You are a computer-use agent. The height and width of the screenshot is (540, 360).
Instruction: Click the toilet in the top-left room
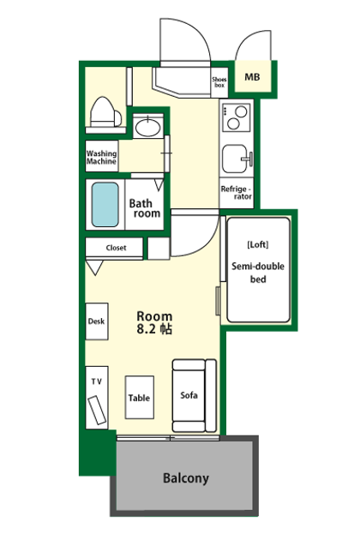point(105,112)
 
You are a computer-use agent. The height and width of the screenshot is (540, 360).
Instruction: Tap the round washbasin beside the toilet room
point(148,127)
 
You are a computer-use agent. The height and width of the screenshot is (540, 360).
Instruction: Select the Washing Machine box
point(102,156)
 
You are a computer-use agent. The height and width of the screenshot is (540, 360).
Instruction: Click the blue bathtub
point(105,205)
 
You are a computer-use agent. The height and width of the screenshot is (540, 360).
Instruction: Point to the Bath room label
point(145,208)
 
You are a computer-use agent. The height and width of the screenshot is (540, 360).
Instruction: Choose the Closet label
point(116,248)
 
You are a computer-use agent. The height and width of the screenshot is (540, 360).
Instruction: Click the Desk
point(97,321)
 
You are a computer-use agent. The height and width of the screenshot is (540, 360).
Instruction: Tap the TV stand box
point(97,398)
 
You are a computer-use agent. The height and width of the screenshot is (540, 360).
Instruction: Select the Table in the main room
point(139,397)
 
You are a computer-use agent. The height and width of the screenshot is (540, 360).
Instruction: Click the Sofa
point(195,395)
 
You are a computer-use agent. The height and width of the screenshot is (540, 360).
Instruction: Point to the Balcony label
point(186,478)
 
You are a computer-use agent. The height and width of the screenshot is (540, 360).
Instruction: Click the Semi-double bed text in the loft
point(258,273)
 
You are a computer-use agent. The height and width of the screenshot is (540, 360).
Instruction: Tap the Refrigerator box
point(237,193)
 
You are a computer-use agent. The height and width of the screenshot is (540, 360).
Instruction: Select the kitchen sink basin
point(234,159)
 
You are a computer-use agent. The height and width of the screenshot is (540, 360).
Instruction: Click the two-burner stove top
point(236,117)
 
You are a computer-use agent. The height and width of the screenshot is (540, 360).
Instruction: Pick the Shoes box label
point(219,82)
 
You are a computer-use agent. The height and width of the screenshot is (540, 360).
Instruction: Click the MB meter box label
point(252,77)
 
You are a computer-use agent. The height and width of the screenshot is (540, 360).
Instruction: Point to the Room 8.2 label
point(154,322)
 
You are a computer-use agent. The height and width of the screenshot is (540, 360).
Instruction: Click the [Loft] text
point(258,244)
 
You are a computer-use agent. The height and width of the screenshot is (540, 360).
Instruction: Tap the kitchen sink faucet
point(249,159)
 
